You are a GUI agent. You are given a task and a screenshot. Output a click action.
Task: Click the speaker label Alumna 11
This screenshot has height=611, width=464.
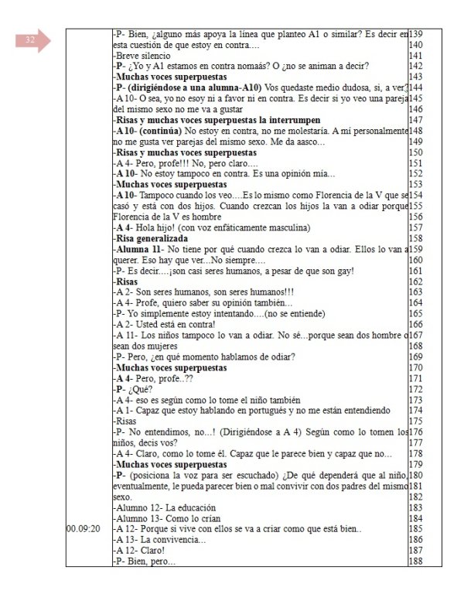pos(139,250)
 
